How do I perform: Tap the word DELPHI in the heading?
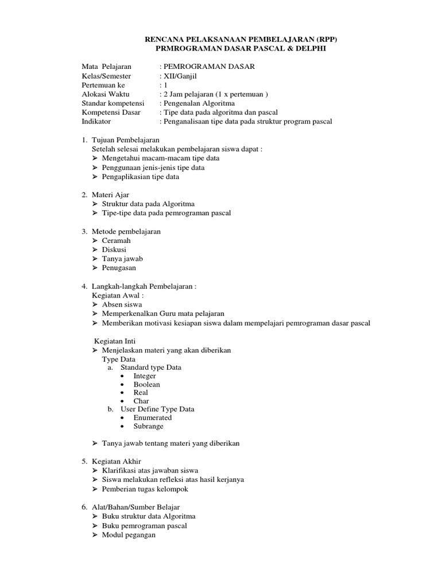tap(310, 49)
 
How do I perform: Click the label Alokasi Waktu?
tap(106, 94)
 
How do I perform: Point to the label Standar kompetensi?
tap(114, 103)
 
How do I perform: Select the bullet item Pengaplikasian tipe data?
tap(140, 177)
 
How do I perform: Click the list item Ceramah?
tap(116, 241)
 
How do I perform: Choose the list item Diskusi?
tap(114, 250)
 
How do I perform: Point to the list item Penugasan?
tap(119, 268)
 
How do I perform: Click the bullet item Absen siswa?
tap(122, 304)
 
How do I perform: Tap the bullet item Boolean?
tap(146, 384)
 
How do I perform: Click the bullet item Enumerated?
tap(152, 417)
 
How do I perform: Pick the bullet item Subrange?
tap(148, 426)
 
